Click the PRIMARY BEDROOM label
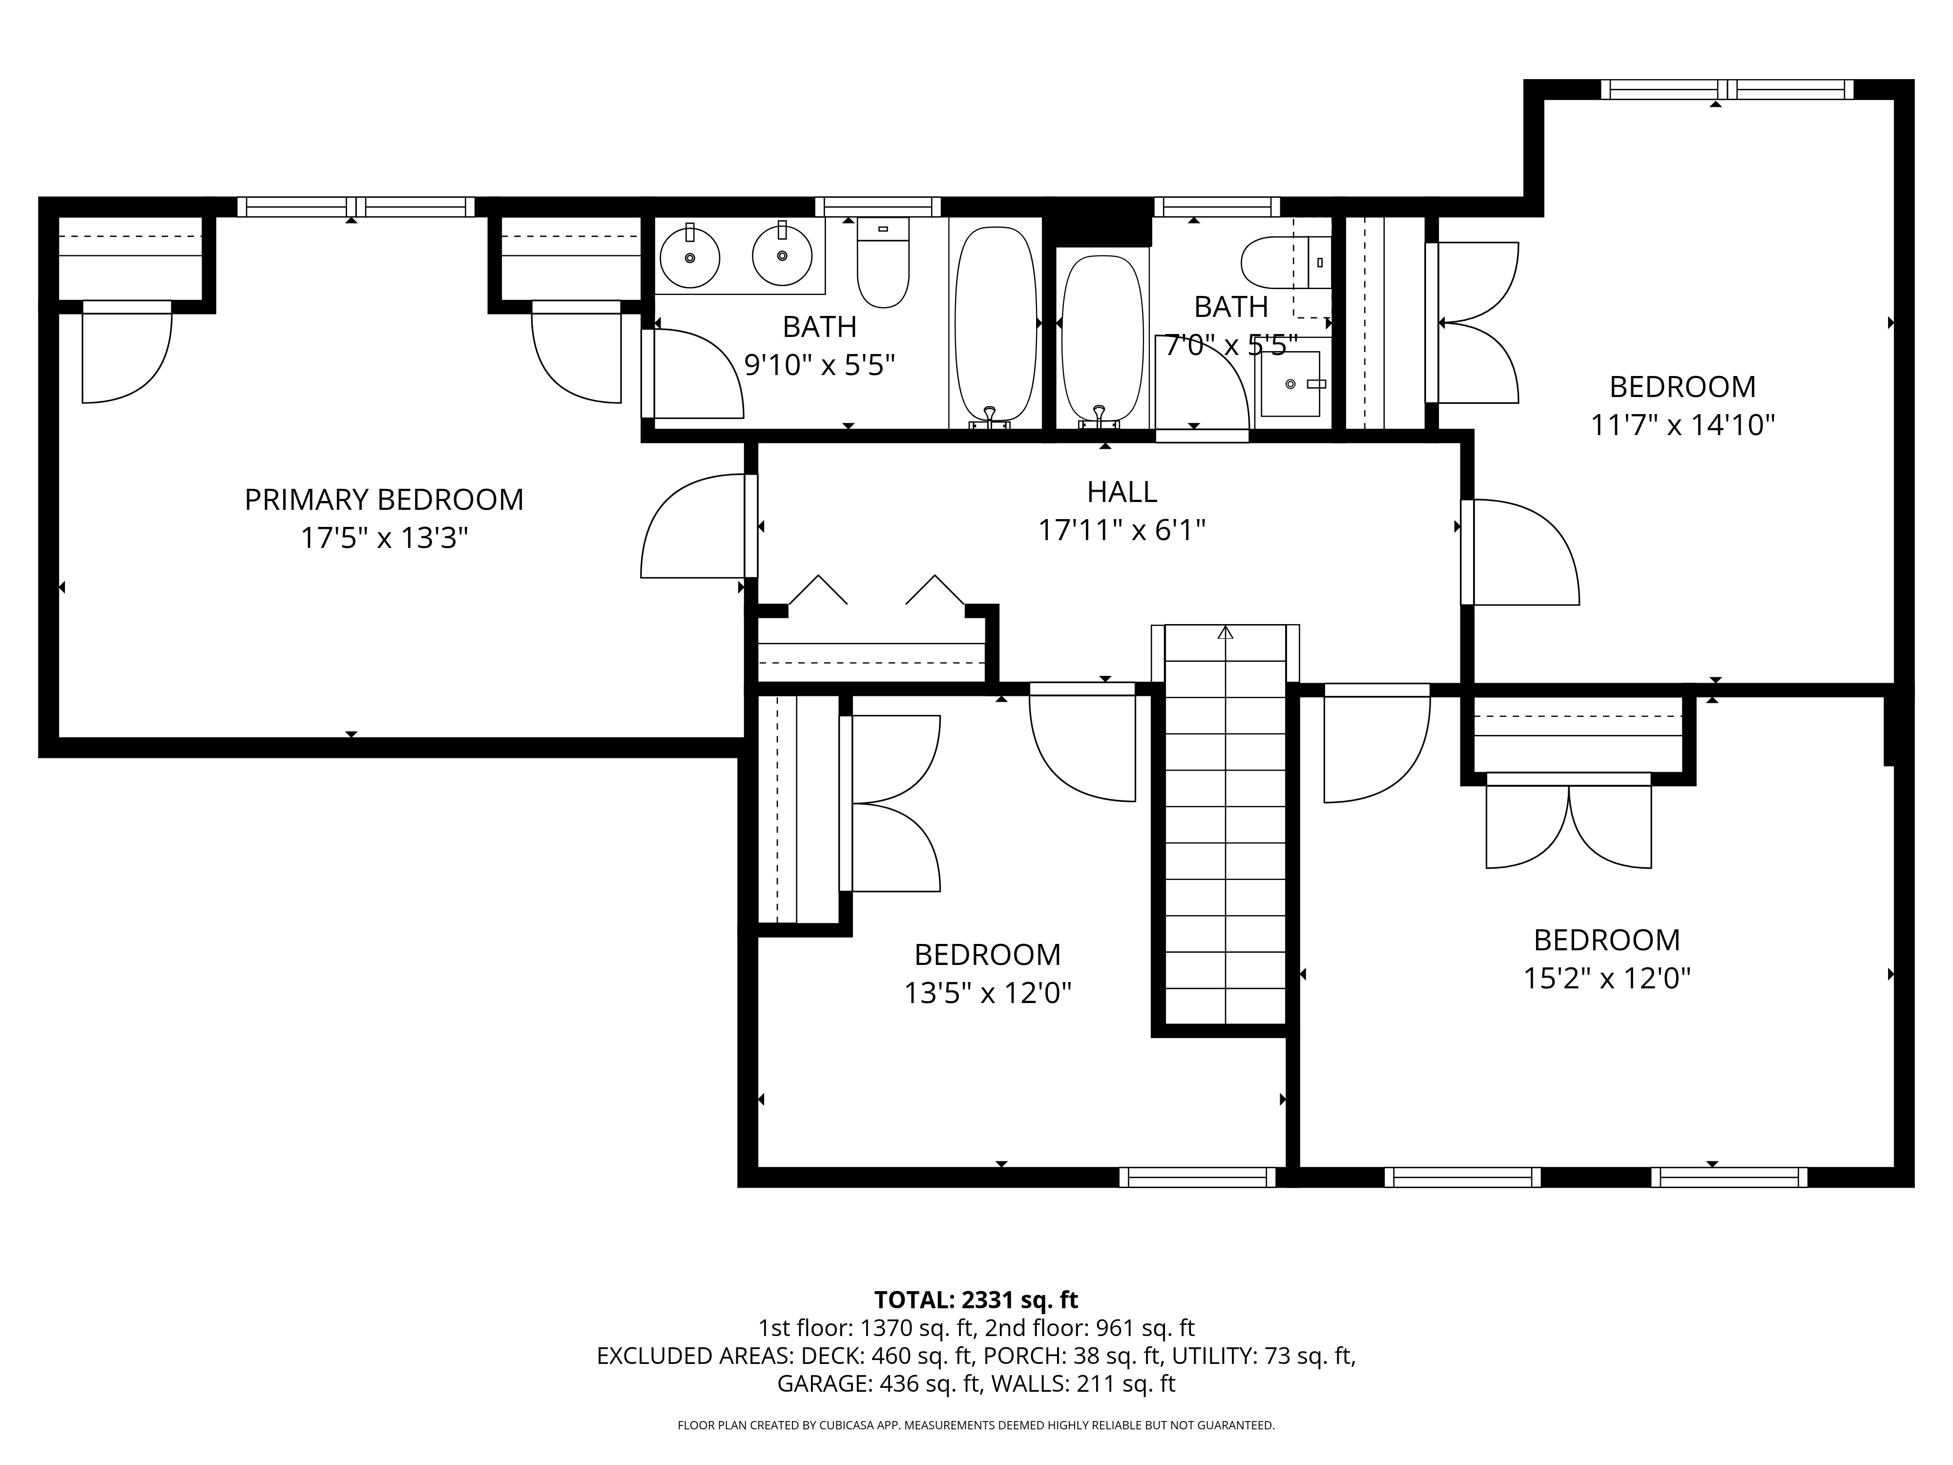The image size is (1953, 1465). point(384,500)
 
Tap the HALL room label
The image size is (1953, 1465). point(1122,491)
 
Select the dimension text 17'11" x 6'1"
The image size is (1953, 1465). point(1122,531)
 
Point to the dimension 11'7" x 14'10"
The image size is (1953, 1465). point(1683,426)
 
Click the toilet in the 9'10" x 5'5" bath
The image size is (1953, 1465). point(883,262)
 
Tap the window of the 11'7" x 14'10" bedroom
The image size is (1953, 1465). point(1727,89)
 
